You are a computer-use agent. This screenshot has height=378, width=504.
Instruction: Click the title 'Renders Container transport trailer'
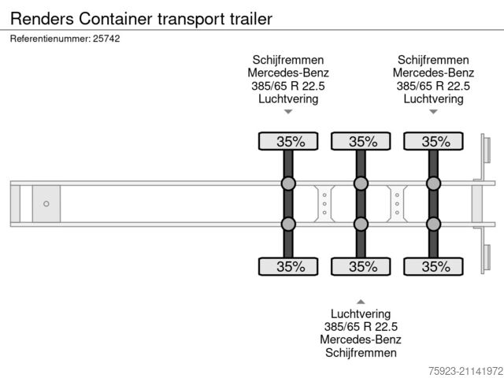pos(142,17)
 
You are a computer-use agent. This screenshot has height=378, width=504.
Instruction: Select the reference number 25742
pos(108,39)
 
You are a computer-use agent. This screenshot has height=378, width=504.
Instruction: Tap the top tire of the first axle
pos(288,142)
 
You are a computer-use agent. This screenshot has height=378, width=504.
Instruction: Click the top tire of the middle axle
pos(361,142)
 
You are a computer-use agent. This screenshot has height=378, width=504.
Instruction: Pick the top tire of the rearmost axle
pos(433,142)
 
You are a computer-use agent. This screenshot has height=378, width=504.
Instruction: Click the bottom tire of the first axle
pos(288,266)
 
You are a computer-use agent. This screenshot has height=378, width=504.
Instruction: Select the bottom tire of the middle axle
pos(361,266)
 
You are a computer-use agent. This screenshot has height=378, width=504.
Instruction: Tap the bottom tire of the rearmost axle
pos(433,266)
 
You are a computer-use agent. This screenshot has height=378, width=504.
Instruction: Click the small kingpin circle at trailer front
pos(46,204)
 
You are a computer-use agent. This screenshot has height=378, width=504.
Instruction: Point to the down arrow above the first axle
pos(288,112)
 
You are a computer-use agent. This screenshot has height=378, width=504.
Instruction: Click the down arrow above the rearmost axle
pos(433,112)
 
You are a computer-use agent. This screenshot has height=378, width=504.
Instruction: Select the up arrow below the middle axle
pos(361,302)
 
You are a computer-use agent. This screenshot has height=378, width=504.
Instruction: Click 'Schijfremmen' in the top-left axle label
pos(288,60)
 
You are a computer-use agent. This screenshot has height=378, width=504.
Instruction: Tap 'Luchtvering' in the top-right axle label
pos(433,98)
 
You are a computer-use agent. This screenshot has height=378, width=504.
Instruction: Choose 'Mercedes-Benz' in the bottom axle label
pos(361,339)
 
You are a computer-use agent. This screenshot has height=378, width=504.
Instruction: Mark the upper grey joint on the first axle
pos(288,184)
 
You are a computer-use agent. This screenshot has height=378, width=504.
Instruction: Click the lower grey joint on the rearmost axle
pos(433,224)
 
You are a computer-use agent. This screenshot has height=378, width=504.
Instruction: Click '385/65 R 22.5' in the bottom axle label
pos(361,327)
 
